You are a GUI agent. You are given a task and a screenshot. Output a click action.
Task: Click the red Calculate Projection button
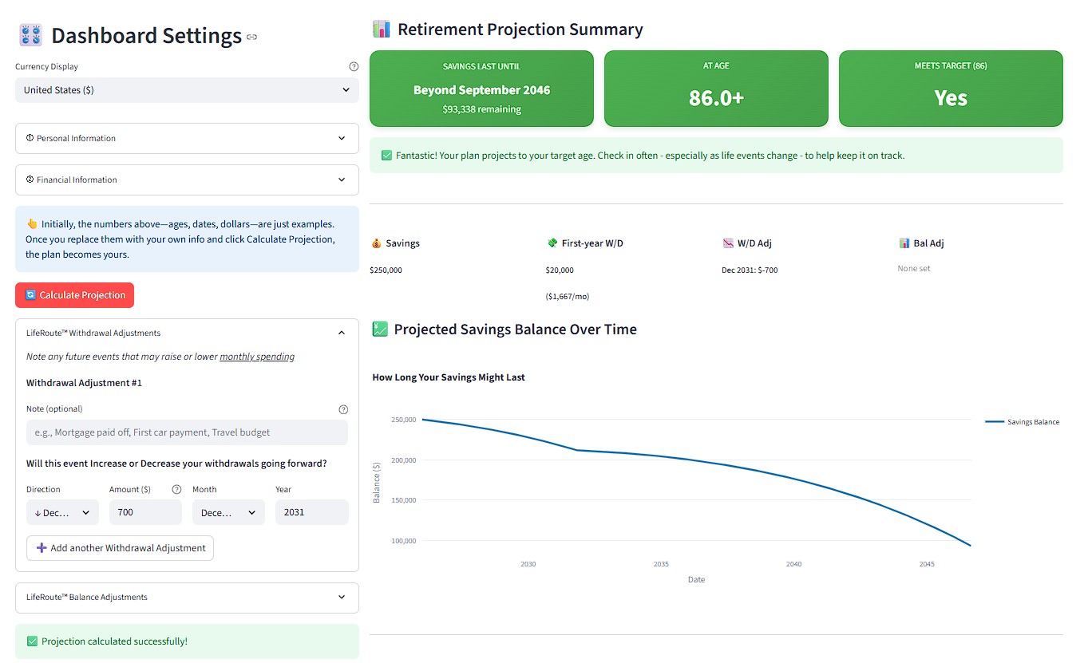point(74,295)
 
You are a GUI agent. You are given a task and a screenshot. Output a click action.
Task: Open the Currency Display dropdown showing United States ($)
point(187,90)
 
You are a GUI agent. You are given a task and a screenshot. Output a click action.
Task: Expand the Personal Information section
point(187,138)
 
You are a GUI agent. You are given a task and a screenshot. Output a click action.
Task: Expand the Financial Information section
point(187,180)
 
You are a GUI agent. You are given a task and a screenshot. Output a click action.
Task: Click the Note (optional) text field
point(187,432)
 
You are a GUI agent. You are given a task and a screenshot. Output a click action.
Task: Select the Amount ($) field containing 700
point(144,512)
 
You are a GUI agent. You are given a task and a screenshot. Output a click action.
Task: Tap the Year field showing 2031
point(311,512)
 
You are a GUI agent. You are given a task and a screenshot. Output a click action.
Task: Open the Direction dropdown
point(62,512)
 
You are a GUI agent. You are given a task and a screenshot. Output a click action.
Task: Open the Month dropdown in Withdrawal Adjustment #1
point(228,512)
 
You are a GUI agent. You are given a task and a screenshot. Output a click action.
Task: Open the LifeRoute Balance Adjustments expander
point(187,597)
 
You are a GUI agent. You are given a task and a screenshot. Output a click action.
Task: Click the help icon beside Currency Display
point(354,67)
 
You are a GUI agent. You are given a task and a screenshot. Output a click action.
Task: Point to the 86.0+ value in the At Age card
point(716,98)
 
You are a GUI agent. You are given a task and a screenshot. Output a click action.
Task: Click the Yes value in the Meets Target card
point(951,98)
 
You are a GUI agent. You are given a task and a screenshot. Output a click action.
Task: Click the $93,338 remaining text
point(481,109)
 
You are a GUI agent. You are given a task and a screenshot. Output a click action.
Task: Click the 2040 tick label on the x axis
point(793,564)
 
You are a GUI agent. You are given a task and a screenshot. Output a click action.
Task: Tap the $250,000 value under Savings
point(386,270)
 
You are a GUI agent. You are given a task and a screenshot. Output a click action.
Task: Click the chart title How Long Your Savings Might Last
point(449,377)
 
